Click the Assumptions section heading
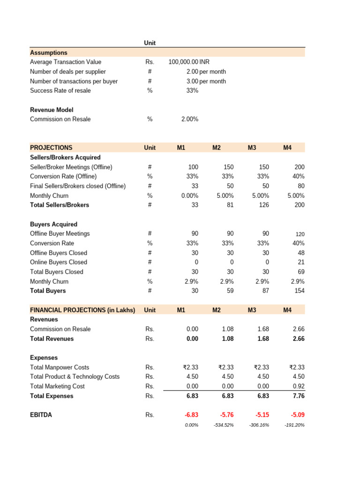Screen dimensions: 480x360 [49, 52]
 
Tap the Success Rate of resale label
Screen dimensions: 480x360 [60, 90]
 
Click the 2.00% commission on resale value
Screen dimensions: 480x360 [189, 119]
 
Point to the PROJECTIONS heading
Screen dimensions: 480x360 [51, 148]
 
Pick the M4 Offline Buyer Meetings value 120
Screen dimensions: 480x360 [299, 234]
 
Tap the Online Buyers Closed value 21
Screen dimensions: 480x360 [300, 262]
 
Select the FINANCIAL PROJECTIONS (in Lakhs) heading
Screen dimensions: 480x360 [82, 310]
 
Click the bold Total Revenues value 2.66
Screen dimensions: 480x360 [298, 338]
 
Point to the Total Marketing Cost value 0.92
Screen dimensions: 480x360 [298, 386]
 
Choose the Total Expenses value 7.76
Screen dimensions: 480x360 [298, 396]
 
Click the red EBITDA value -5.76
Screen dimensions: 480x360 [226, 415]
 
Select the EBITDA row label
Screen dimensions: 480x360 [41, 415]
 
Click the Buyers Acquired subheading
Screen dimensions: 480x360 [53, 224]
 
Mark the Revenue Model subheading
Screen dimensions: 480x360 [52, 110]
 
